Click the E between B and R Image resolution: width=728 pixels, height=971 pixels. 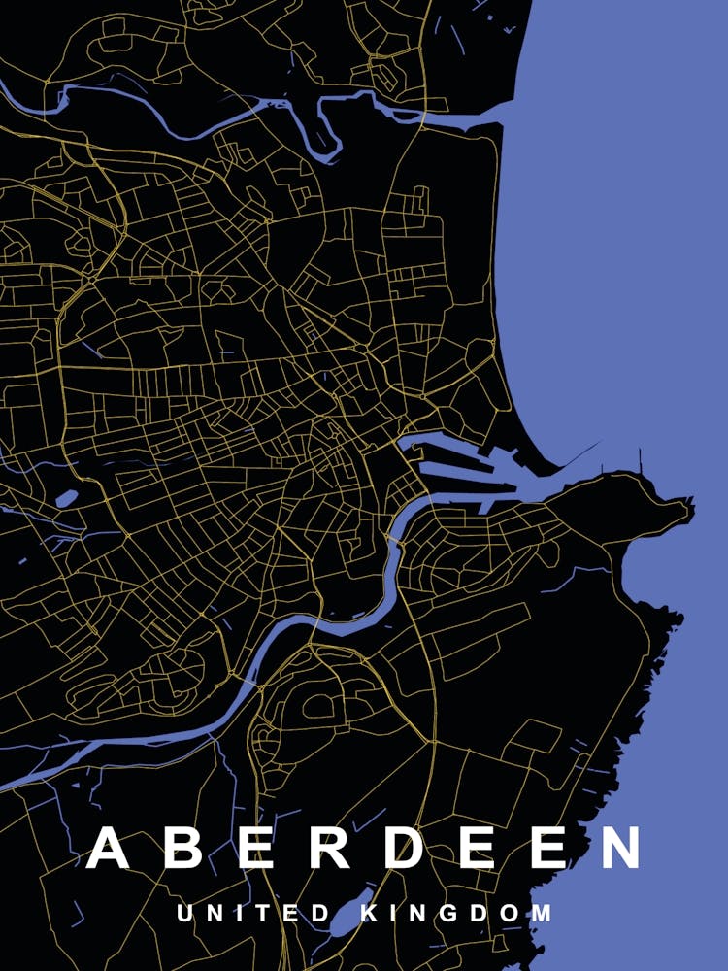pyautogui.click(x=258, y=849)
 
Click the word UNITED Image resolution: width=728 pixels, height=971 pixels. pyautogui.click(x=254, y=914)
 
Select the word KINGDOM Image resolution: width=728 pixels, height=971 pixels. pyautogui.click(x=457, y=914)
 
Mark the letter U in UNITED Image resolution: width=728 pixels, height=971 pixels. pyautogui.click(x=185, y=914)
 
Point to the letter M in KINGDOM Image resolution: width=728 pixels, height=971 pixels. pyautogui.click(x=542, y=914)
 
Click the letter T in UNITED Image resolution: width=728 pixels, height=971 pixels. pyautogui.click(x=266, y=914)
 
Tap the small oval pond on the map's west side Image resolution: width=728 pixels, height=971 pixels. pyautogui.click(x=66, y=499)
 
